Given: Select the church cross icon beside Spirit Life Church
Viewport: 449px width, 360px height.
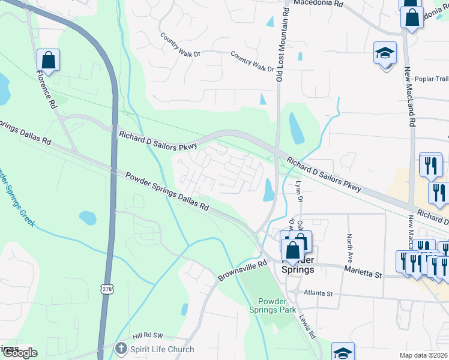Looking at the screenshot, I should click(121, 349).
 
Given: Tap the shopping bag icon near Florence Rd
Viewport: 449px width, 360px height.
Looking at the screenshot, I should click(48, 61).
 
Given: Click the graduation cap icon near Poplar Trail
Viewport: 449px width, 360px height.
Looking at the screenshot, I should click(385, 54).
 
